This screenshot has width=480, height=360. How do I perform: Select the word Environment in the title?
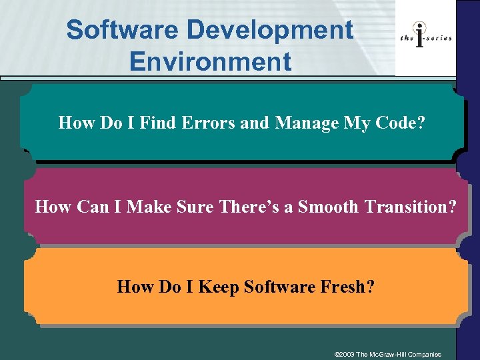211,61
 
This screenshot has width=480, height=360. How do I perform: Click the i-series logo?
426,38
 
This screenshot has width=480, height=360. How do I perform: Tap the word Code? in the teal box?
402,123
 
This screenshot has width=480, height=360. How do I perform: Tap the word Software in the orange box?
280,287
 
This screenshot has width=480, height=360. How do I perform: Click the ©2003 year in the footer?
345,353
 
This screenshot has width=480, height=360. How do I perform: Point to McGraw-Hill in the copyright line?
399,353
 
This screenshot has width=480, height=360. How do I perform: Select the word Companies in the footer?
435,353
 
